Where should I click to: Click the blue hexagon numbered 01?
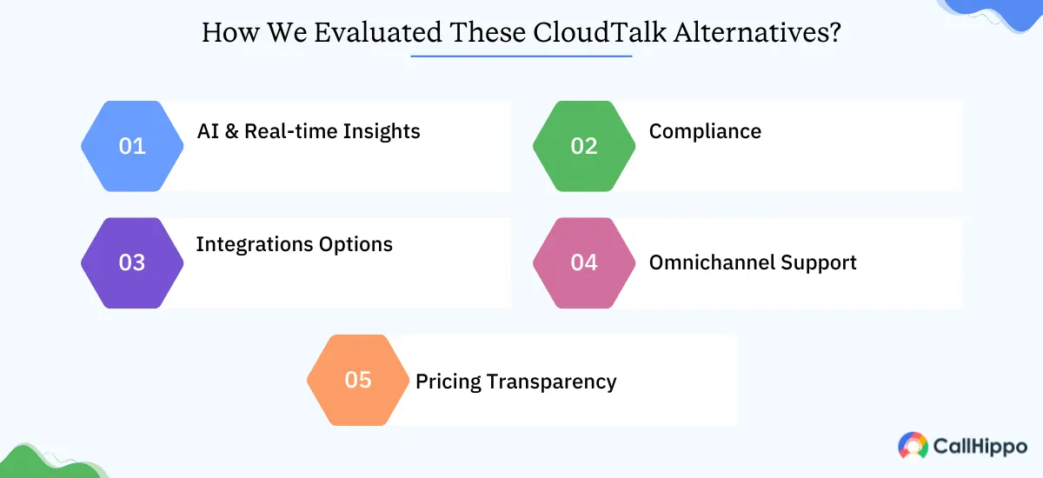coord(132,146)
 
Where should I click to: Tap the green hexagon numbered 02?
coord(584,146)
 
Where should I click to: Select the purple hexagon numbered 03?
coord(132,262)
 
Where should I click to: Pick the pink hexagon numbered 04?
coord(584,262)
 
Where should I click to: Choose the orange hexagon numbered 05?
coord(358,381)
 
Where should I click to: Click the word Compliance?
coord(705,132)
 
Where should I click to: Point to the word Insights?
coord(381,132)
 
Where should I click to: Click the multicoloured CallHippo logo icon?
coord(913,446)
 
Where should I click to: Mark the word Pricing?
coord(449,382)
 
